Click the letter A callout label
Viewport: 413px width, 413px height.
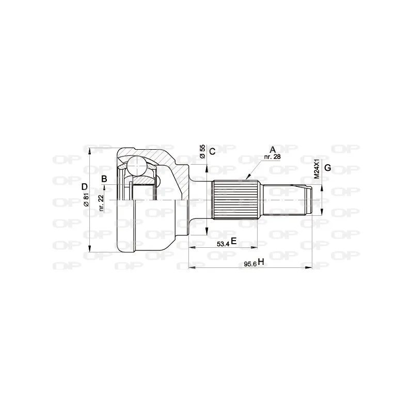point(273,149)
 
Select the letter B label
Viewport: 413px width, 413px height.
point(104,179)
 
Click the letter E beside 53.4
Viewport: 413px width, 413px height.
point(233,241)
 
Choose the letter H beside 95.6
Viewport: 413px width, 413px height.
point(261,262)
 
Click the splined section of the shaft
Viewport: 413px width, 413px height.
point(235,199)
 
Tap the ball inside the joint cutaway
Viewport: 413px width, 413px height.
point(137,166)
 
